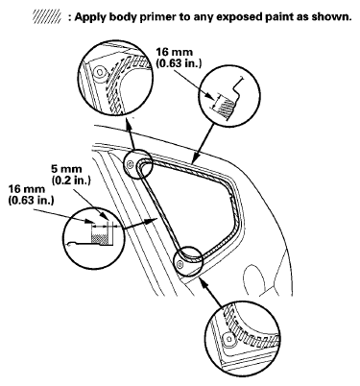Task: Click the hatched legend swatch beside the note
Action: pos(47,16)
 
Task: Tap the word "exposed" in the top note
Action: pos(239,17)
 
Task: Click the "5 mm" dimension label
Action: pos(66,169)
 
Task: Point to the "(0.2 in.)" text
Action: pos(71,180)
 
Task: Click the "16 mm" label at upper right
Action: pos(175,52)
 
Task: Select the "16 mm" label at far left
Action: pos(27,189)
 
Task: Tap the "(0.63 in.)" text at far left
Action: pos(31,201)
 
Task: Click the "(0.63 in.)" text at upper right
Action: pos(179,63)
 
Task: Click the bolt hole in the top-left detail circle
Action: pos(100,72)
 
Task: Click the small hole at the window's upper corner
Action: pos(130,164)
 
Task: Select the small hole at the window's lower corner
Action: pos(180,265)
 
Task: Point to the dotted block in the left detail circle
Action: pos(100,238)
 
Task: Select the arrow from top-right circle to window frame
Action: pos(204,141)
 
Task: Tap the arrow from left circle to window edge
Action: pos(140,224)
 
